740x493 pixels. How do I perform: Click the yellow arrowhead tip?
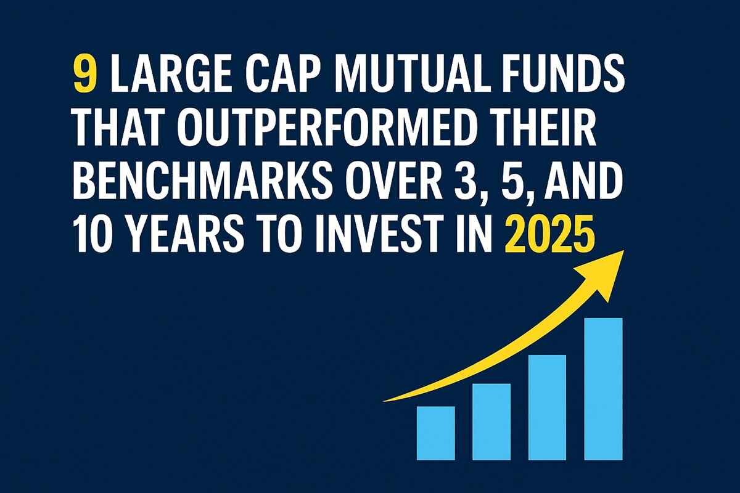623,250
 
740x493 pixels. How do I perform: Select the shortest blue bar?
436,433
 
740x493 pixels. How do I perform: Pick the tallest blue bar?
603,389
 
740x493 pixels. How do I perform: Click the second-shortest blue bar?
491,422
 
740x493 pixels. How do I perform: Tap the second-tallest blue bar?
548,407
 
